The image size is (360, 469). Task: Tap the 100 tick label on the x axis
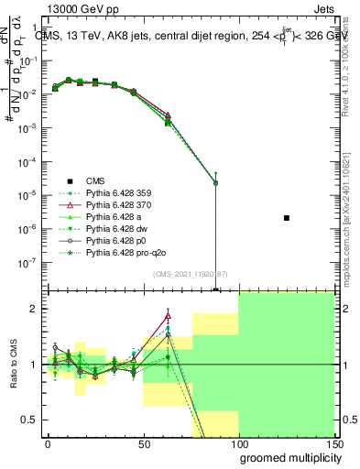point(239,443)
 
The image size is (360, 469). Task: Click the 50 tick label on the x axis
point(143,443)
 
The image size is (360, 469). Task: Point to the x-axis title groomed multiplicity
point(286,457)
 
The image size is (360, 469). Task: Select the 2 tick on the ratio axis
point(35,309)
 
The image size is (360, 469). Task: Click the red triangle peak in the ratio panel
point(168,316)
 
